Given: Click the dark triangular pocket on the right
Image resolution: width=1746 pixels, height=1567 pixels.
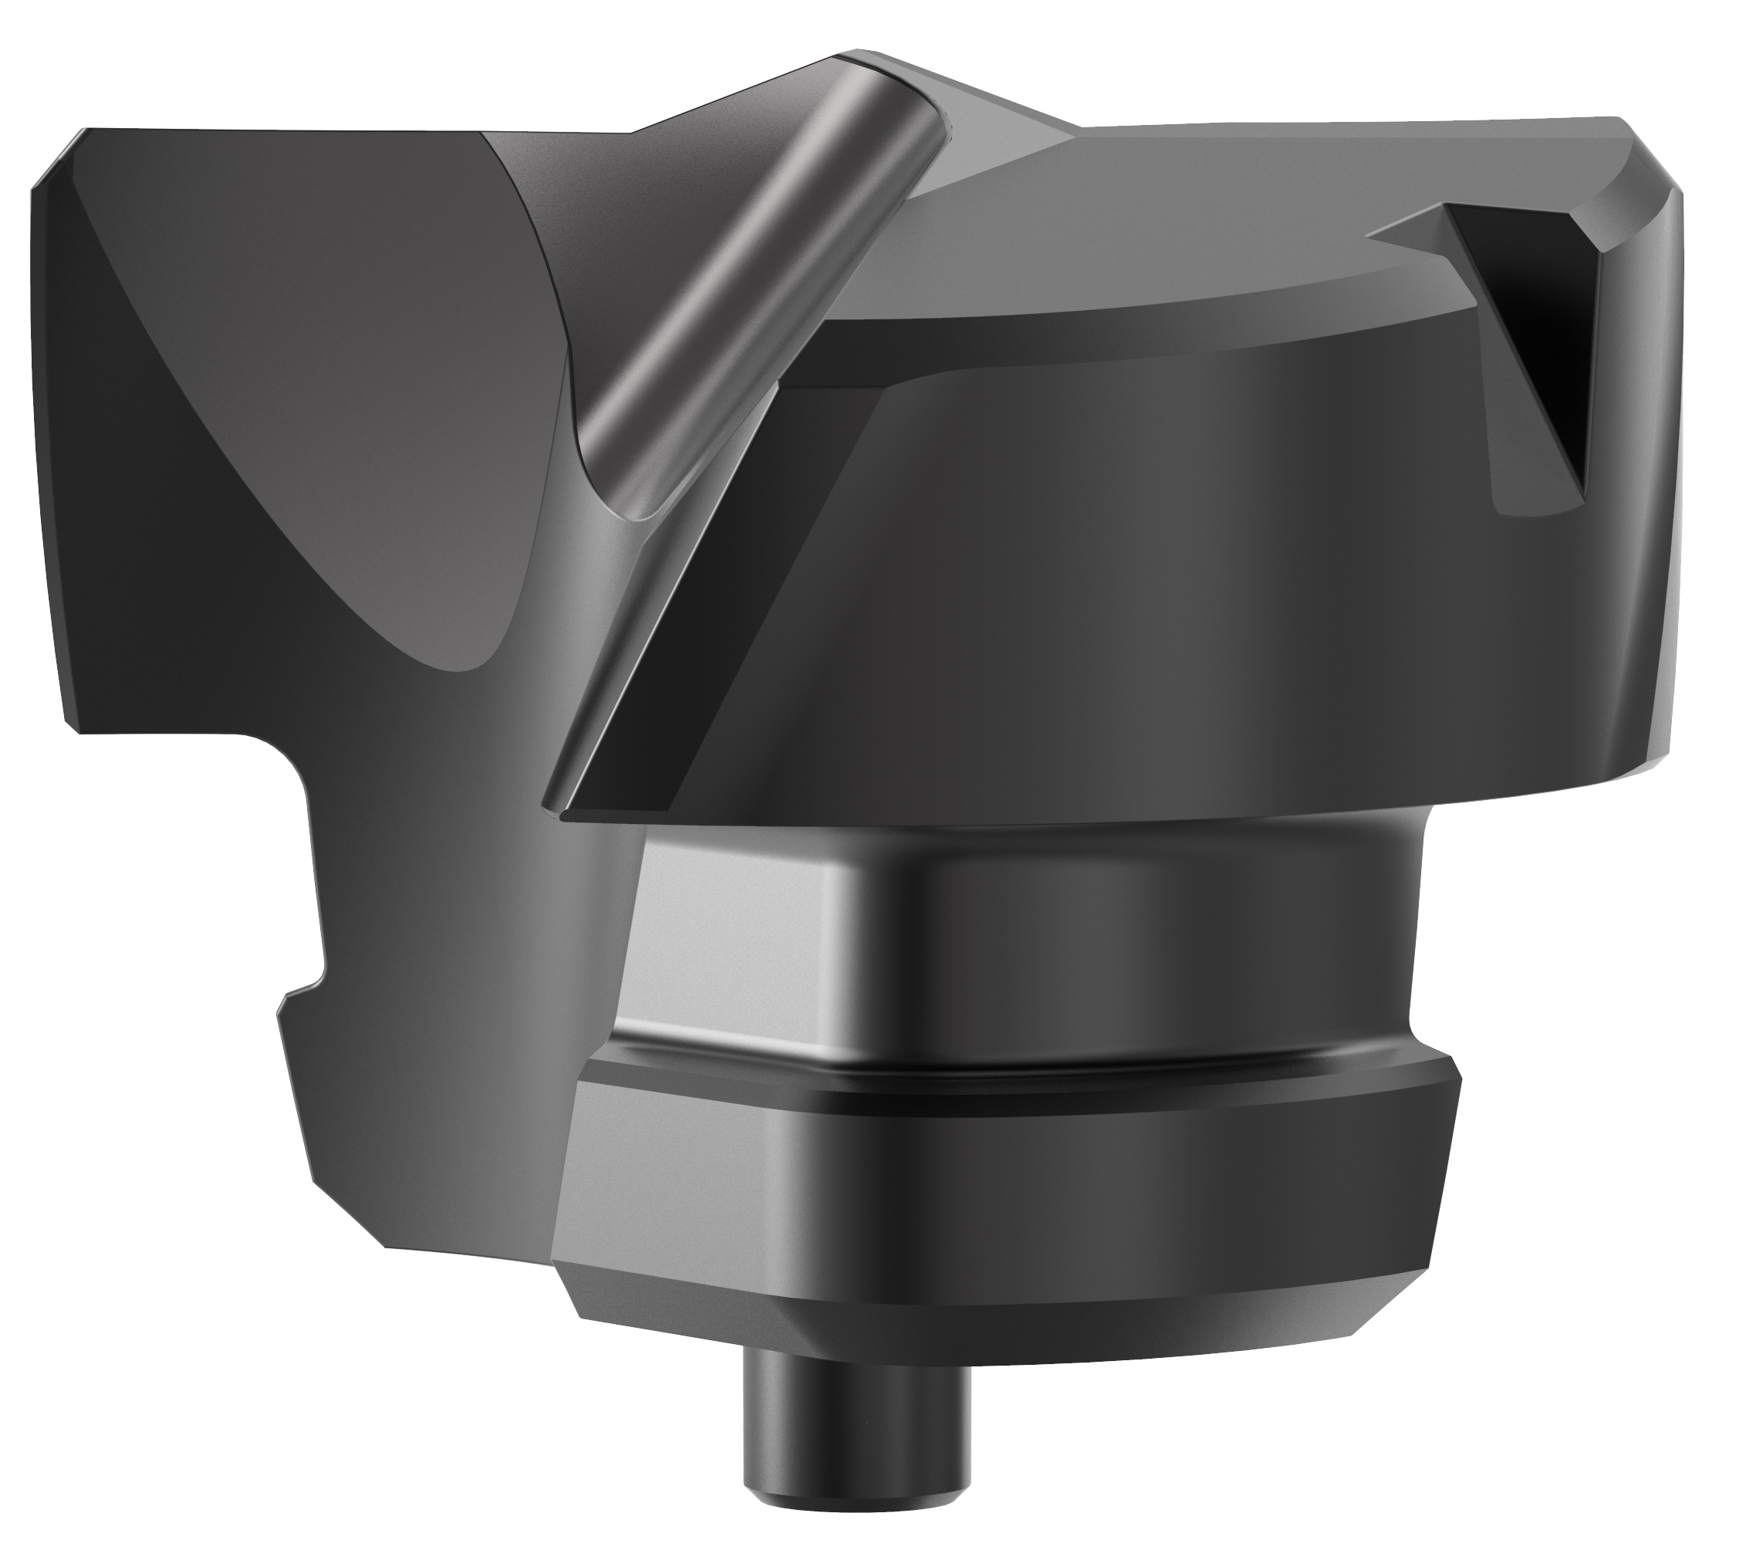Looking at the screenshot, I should point(1541,344).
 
